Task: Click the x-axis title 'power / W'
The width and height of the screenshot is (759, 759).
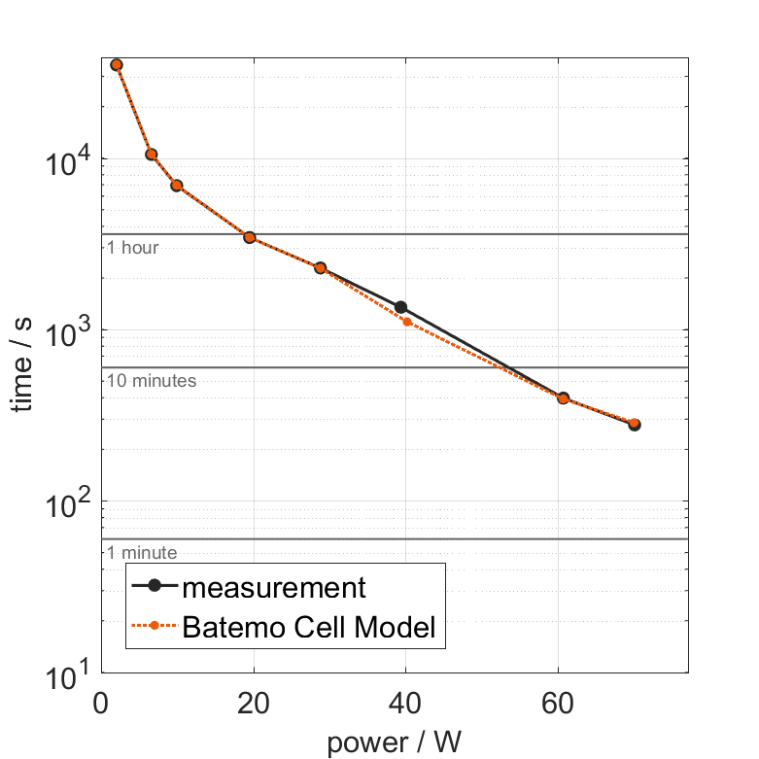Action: pos(394,742)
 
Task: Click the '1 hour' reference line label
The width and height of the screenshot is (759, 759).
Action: pos(132,248)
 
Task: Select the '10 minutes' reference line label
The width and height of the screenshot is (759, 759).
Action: pos(152,381)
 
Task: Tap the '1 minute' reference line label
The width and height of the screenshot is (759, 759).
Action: pos(142,553)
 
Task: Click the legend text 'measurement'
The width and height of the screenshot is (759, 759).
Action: pos(274,588)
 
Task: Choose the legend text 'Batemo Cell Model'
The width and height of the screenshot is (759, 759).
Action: pos(309,628)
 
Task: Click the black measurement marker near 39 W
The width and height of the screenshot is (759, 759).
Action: pos(400,307)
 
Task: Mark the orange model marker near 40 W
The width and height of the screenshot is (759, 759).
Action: pos(407,322)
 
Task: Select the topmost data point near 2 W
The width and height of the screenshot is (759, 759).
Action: pos(117,65)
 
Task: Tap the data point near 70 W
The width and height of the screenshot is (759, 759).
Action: pos(635,425)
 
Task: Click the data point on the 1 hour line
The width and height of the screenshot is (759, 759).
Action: pos(250,237)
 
